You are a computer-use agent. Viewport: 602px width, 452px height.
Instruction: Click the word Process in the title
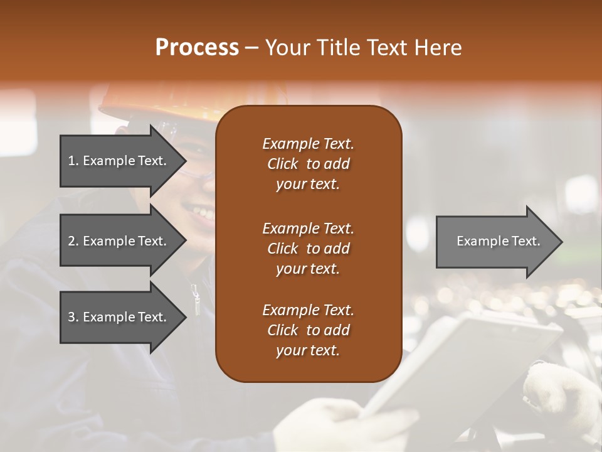pos(197,48)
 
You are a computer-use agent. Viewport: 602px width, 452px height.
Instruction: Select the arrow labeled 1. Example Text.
pos(119,161)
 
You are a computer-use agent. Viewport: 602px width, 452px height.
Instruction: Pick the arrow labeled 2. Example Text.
pos(119,241)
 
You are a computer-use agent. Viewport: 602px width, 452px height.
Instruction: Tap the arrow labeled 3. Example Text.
pos(119,317)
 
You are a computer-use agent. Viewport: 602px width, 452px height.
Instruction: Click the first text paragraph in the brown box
pos(308,164)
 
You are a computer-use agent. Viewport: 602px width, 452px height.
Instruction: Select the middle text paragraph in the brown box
pos(308,248)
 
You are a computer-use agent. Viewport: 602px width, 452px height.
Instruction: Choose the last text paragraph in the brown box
pos(308,330)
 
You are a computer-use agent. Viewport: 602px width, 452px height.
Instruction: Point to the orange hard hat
pos(157,100)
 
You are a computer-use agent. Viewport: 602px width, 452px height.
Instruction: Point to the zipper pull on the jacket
pos(196,299)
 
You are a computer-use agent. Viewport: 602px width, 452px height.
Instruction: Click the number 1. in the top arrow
pos(73,161)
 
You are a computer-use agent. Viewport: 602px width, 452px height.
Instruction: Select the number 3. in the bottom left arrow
pos(73,317)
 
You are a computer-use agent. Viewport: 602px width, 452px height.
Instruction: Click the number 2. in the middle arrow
pos(73,241)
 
